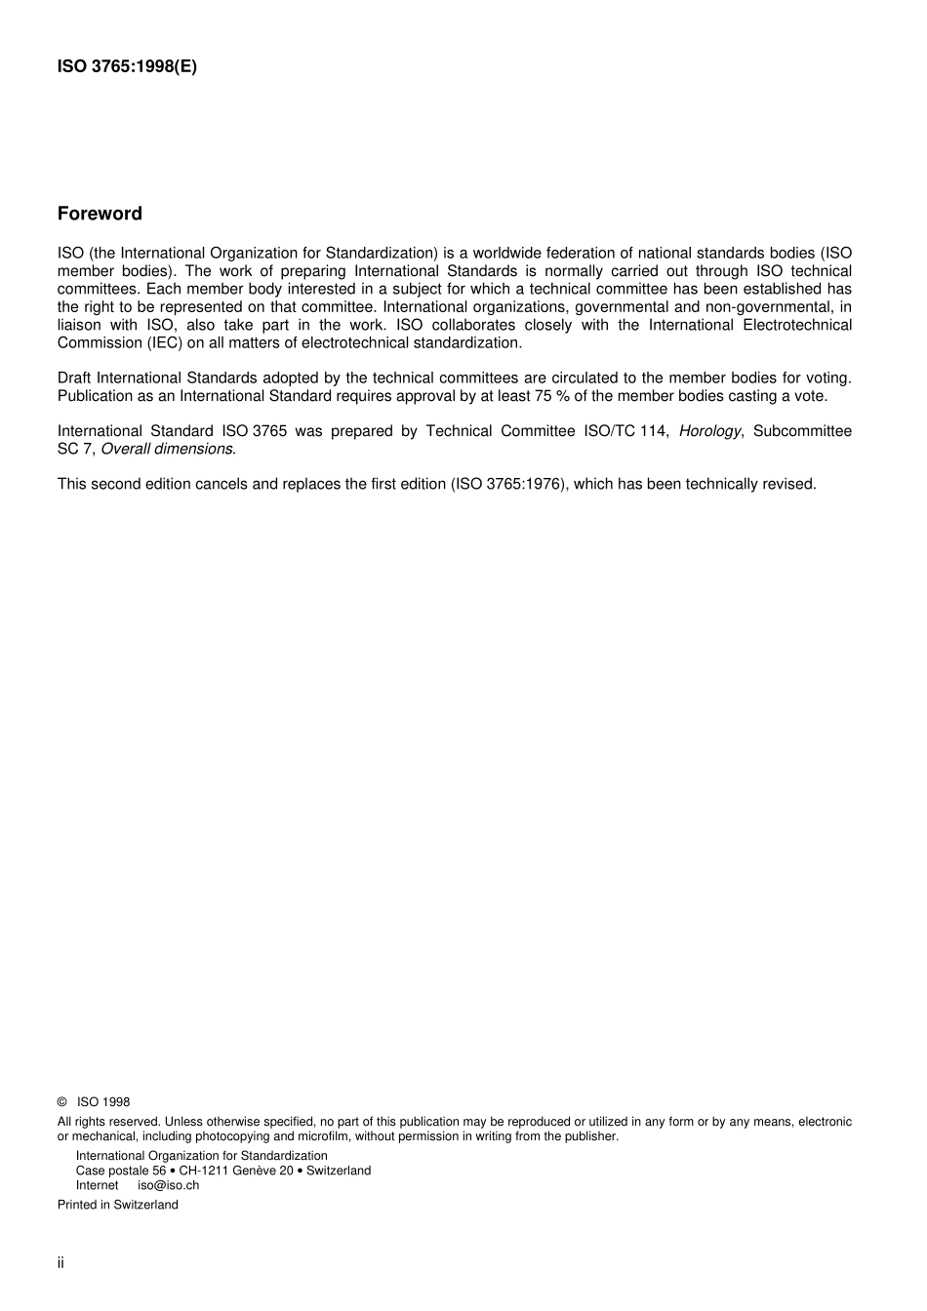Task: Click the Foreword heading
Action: (x=100, y=214)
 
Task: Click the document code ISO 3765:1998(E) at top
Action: (x=127, y=67)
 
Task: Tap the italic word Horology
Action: (x=709, y=431)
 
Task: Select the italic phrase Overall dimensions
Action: (x=167, y=449)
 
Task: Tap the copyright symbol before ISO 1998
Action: (x=62, y=1102)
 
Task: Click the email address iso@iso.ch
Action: (x=168, y=1185)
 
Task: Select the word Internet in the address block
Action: (x=97, y=1185)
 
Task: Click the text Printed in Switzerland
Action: (x=118, y=1205)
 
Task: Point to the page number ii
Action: (x=60, y=1263)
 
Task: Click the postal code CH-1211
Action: (x=201, y=1171)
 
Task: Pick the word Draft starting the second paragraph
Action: (x=74, y=377)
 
